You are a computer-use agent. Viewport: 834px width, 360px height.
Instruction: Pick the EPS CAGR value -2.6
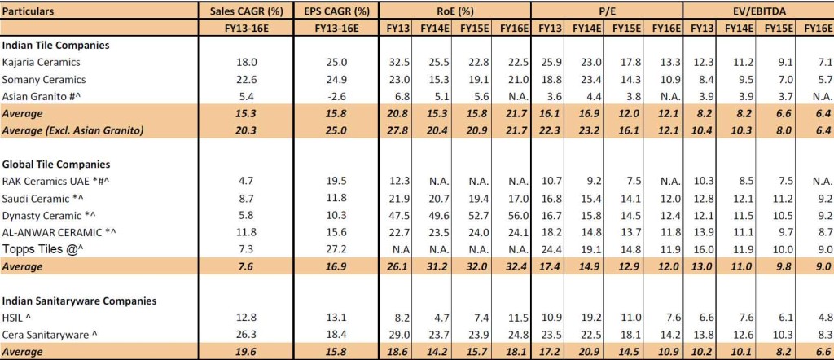(x=336, y=96)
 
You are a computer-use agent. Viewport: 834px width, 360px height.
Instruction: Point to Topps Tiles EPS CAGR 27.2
(x=336, y=247)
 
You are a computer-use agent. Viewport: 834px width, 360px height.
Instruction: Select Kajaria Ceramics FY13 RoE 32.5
(x=398, y=62)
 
